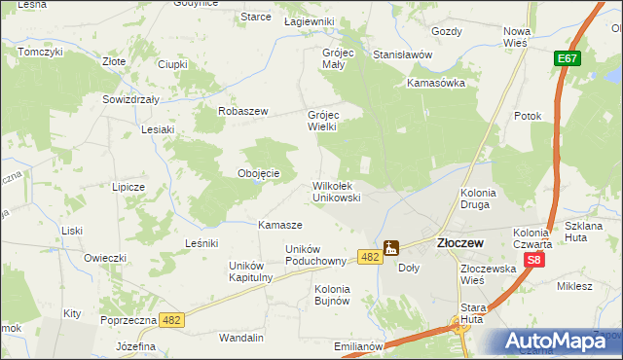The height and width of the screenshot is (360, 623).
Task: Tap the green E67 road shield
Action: pyautogui.click(x=568, y=60)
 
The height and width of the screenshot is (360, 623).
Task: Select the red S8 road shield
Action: pyautogui.click(x=533, y=261)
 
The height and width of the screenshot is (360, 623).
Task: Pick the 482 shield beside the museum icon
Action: pyautogui.click(x=368, y=256)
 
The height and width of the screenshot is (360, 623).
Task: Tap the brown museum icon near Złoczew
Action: pyautogui.click(x=390, y=248)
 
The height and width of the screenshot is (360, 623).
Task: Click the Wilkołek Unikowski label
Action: pyautogui.click(x=337, y=191)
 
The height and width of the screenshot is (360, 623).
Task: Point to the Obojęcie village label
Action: pyautogui.click(x=259, y=174)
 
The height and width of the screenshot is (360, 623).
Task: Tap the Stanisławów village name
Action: pyautogui.click(x=402, y=55)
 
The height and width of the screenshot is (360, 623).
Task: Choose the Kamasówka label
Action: pyautogui.click(x=436, y=83)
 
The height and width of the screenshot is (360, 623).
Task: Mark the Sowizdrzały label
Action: pyautogui.click(x=132, y=99)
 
